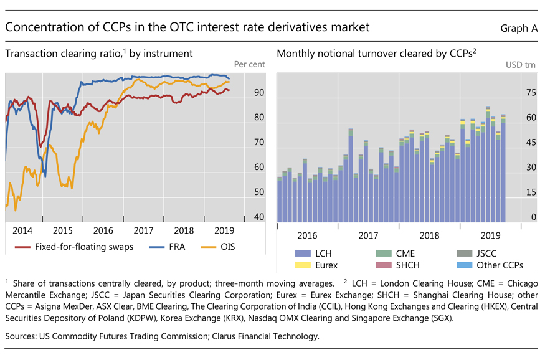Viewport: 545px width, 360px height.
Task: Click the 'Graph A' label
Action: click(519, 28)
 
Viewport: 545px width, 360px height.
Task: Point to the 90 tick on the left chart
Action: click(259, 93)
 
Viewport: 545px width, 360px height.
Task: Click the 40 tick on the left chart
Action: click(259, 217)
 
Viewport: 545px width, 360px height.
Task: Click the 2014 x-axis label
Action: click(24, 230)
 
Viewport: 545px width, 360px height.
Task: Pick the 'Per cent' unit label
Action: click(249, 64)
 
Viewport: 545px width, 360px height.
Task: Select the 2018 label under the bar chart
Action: click(429, 236)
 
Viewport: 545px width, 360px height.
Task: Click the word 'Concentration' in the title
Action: click(46, 27)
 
